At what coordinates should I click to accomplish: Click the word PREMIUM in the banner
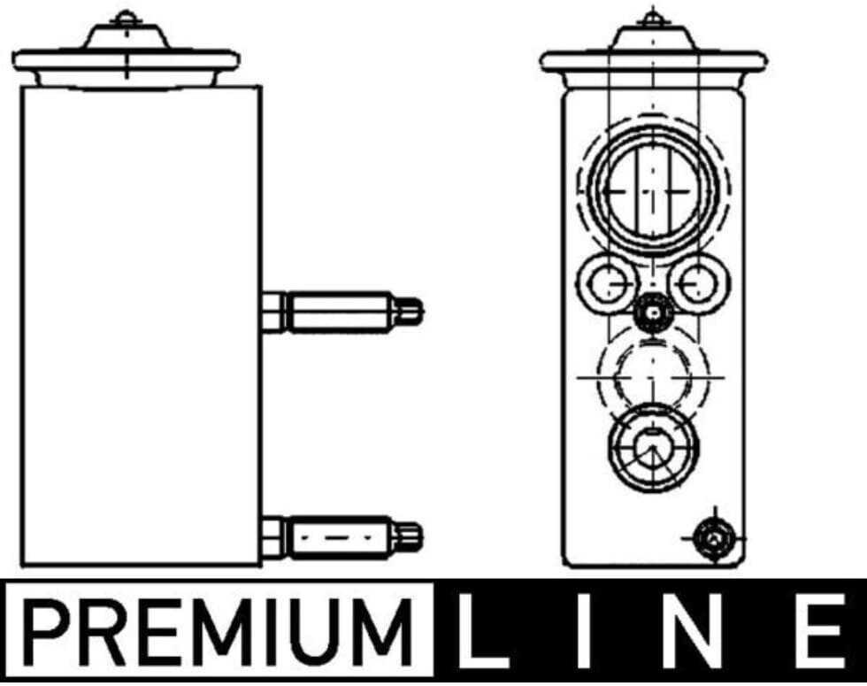[218, 631]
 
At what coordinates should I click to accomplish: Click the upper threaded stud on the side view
[341, 312]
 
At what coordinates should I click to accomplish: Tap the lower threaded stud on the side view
[341, 536]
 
